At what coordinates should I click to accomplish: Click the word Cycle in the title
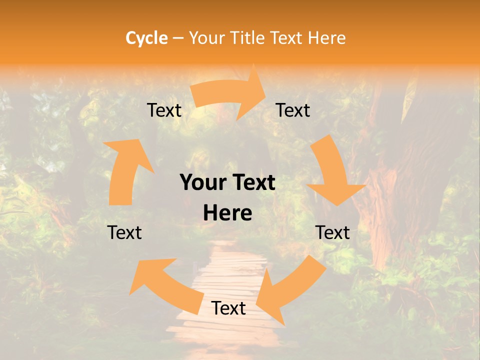click(x=146, y=38)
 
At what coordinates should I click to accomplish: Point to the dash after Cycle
click(x=178, y=38)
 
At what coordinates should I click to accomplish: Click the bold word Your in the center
click(x=202, y=183)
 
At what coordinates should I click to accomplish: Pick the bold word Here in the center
click(x=227, y=213)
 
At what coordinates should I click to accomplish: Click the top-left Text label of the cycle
click(x=164, y=110)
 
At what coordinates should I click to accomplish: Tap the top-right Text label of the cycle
click(x=293, y=110)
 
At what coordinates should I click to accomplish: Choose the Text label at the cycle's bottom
click(x=228, y=308)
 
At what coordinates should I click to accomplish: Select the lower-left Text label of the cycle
click(x=124, y=232)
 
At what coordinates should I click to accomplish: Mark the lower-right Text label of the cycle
click(x=332, y=232)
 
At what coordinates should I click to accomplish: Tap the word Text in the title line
click(x=286, y=38)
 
